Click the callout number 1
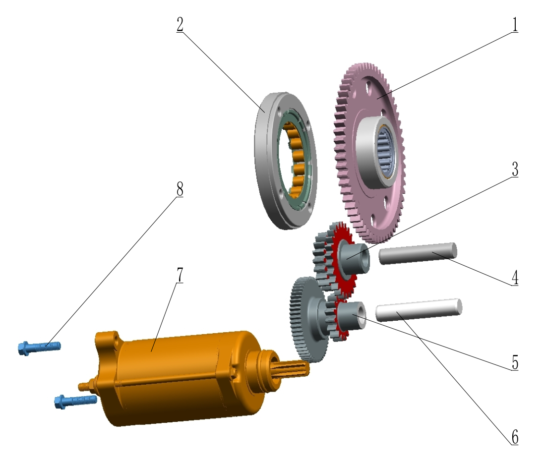point(515,24)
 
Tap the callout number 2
point(180,24)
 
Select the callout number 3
point(515,169)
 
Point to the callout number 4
point(515,278)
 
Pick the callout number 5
point(515,362)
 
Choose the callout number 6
point(515,437)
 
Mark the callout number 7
point(180,275)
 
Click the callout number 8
point(180,189)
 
